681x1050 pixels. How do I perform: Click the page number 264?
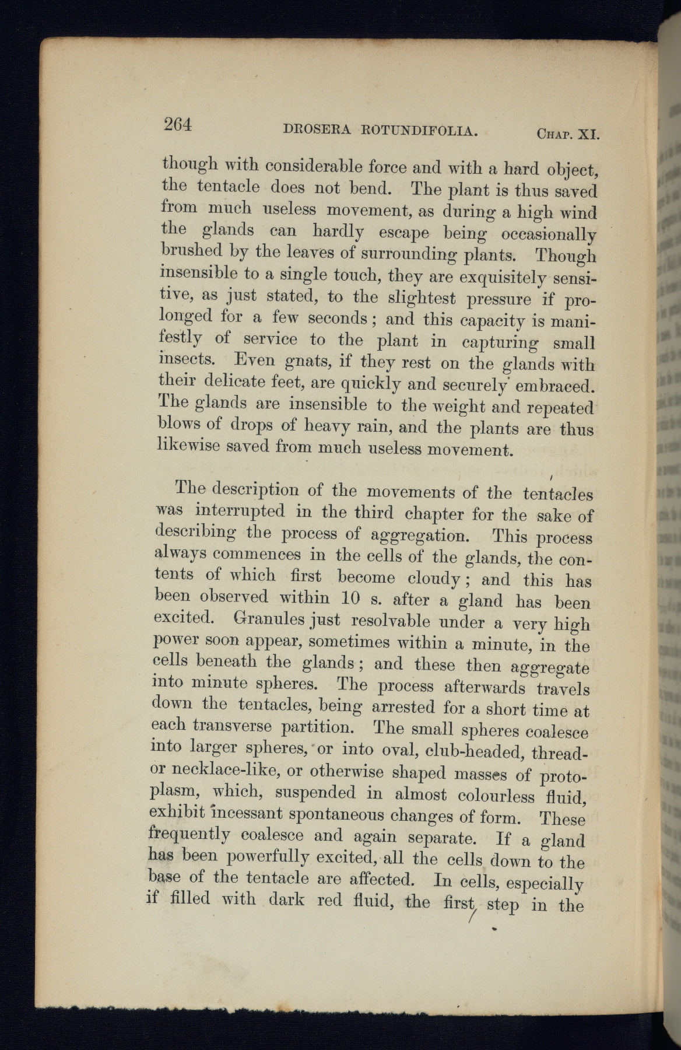178,125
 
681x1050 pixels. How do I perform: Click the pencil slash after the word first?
473,914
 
